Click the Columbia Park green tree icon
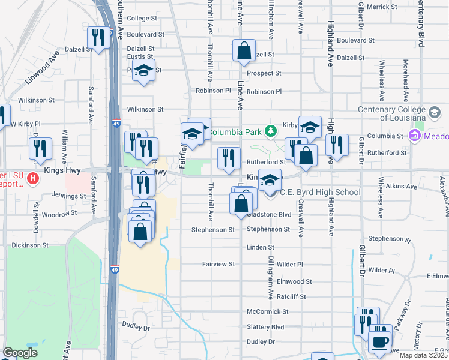coord(271,130)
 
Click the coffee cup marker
coord(378,342)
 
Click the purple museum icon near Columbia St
coord(414,136)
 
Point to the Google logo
coord(20,353)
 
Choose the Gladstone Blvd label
coord(271,214)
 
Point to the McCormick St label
coord(268,312)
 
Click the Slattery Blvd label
coord(265,327)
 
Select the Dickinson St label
coord(29,245)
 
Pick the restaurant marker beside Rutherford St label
coord(228,158)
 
